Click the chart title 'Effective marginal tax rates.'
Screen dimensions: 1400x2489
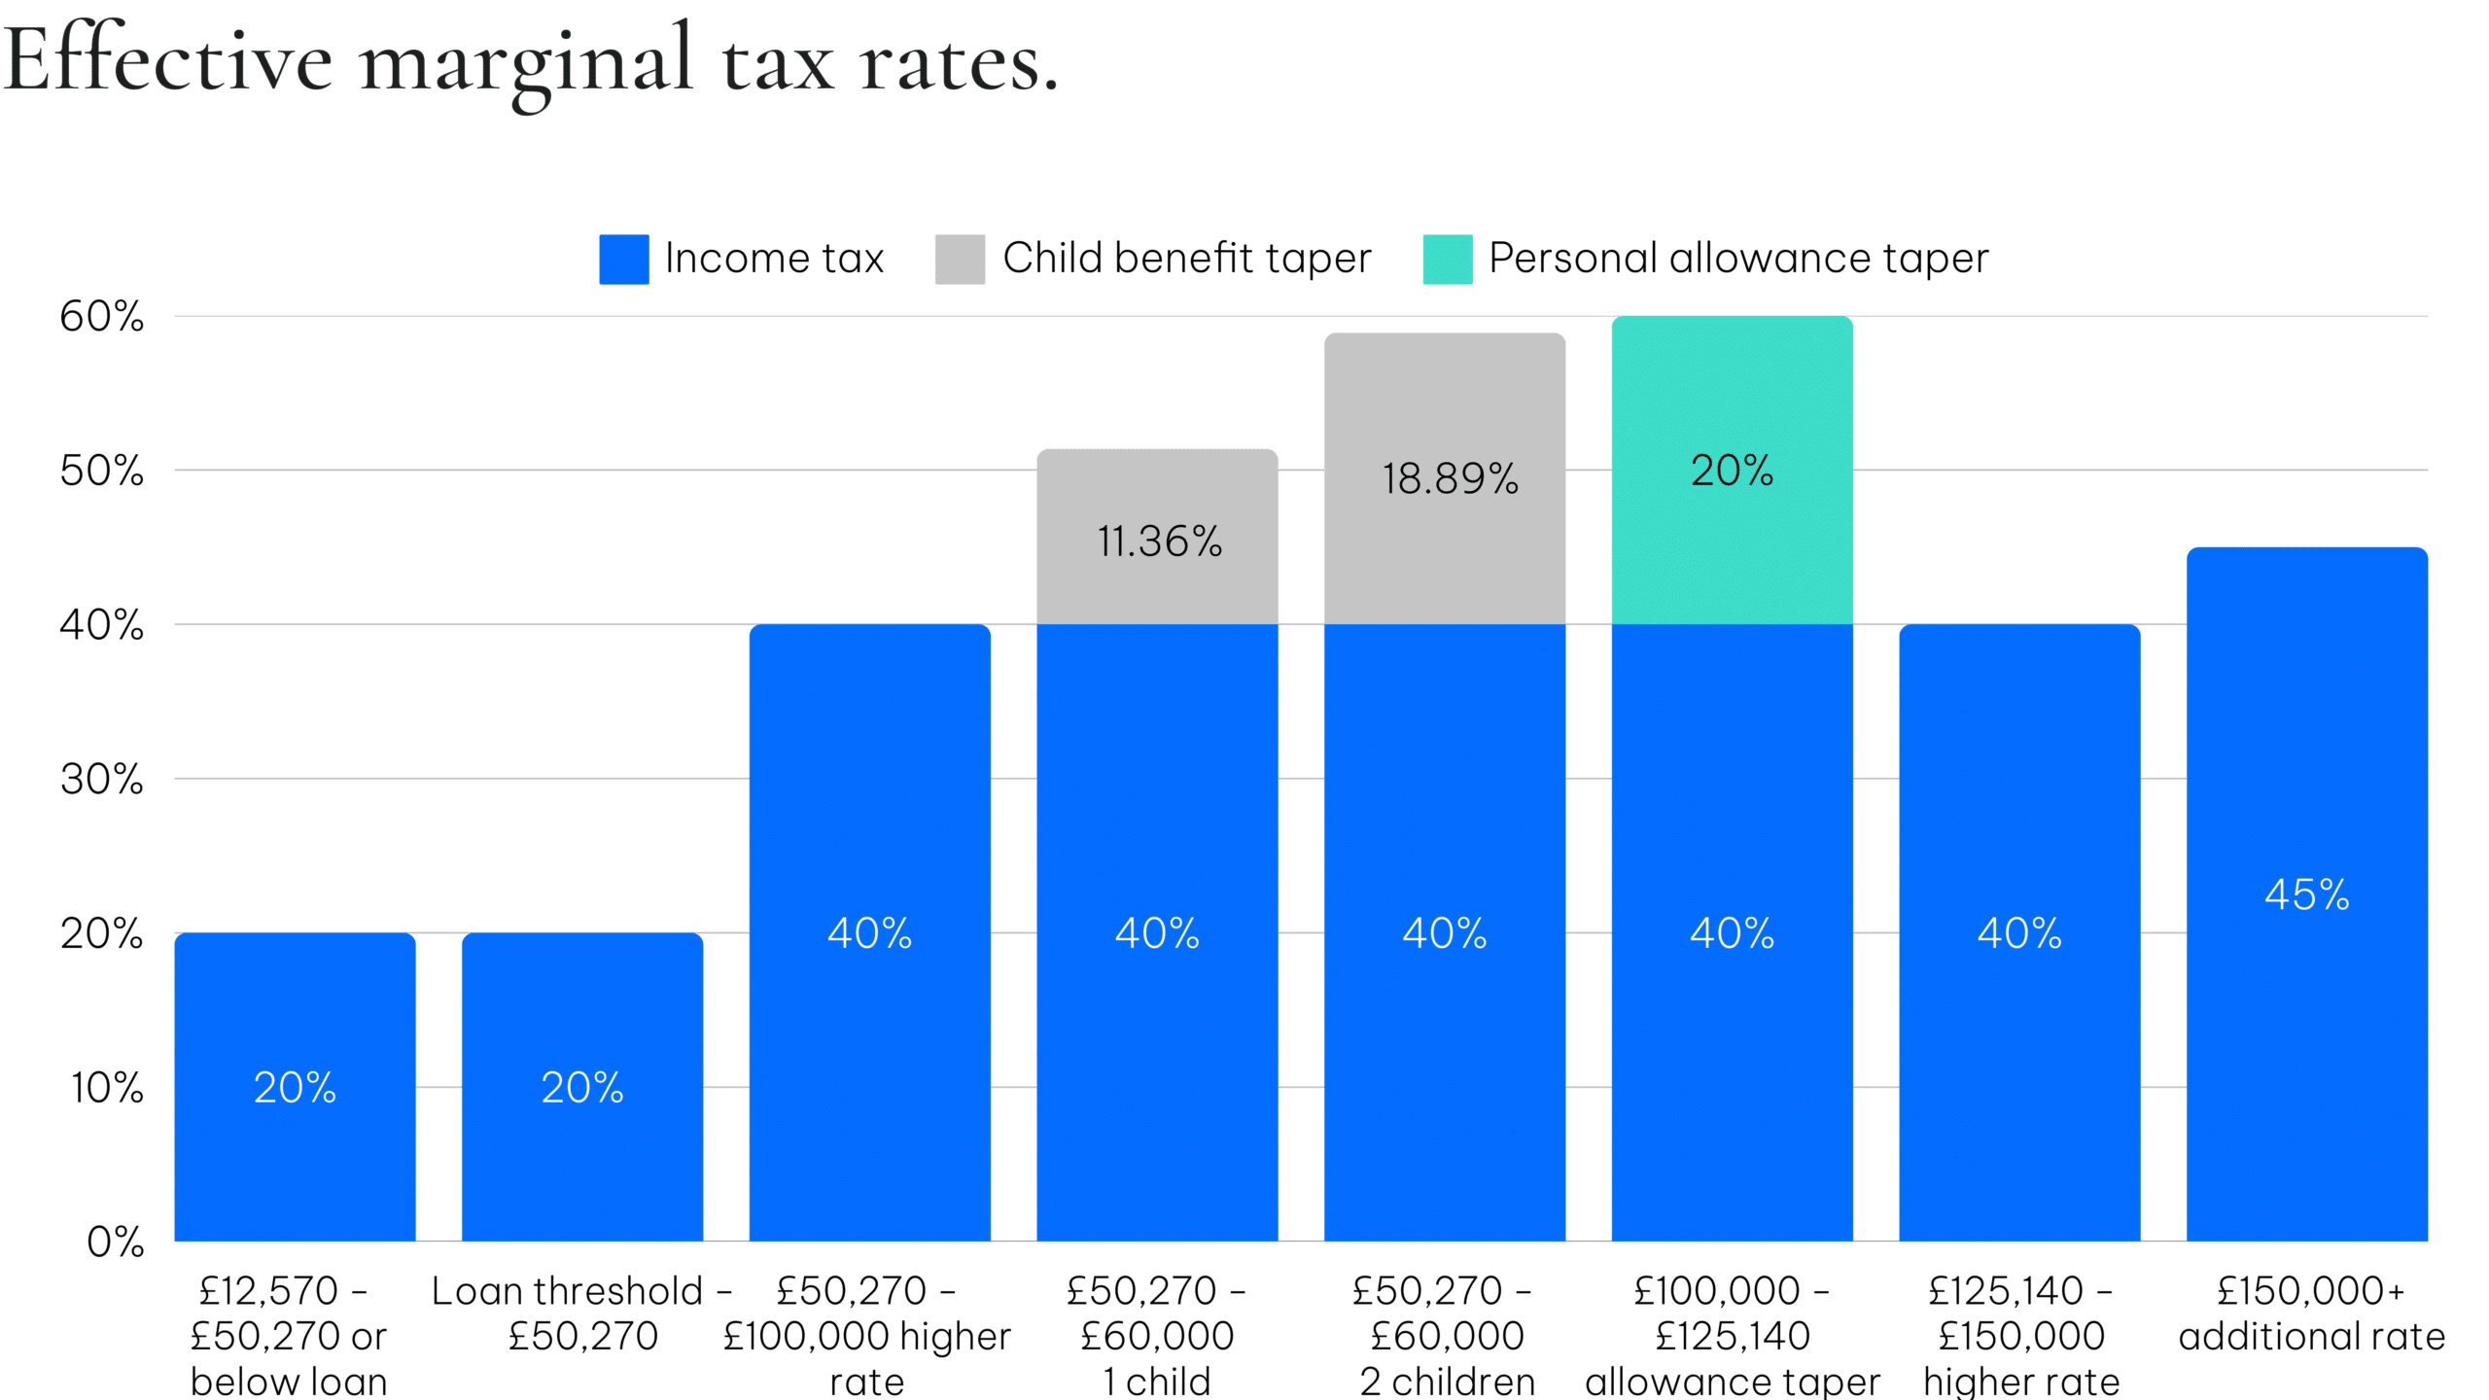click(530, 63)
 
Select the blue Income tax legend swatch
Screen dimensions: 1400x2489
click(623, 260)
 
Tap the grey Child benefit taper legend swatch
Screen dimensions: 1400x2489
click(960, 260)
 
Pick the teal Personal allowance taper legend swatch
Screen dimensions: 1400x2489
click(1447, 260)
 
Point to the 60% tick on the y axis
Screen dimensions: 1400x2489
click(101, 317)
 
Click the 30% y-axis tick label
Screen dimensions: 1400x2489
click(101, 780)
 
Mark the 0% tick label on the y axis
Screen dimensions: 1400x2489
click(115, 1242)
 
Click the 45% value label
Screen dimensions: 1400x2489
click(2306, 895)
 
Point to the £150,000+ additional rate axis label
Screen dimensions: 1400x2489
click(2310, 1314)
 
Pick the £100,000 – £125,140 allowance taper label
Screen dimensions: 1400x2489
click(1732, 1337)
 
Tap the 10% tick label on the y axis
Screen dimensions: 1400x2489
click(107, 1088)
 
